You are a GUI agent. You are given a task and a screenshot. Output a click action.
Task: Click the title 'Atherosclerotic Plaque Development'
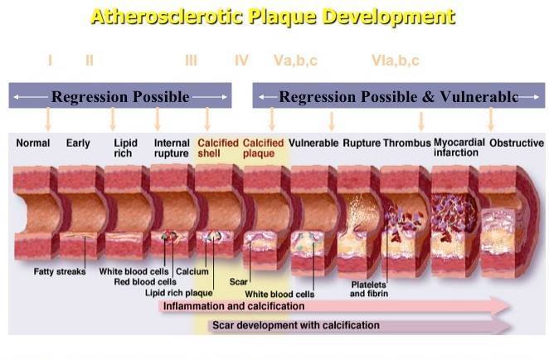pyautogui.click(x=273, y=17)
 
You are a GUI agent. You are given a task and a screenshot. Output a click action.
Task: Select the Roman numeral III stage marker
pyautogui.click(x=192, y=61)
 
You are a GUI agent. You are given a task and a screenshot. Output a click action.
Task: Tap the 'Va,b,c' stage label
pyautogui.click(x=295, y=61)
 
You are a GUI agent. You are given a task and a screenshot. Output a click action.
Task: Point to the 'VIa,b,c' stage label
pyautogui.click(x=396, y=61)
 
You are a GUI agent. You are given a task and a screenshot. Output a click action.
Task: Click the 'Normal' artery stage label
pyautogui.click(x=33, y=143)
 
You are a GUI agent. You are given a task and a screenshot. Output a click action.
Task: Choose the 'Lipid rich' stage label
pyautogui.click(x=125, y=148)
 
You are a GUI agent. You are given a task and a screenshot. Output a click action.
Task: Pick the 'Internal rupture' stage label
pyautogui.click(x=172, y=148)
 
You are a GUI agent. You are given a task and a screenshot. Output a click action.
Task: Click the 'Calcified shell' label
pyautogui.click(x=218, y=148)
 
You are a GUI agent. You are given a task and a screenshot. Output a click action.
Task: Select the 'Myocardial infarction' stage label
pyautogui.click(x=459, y=148)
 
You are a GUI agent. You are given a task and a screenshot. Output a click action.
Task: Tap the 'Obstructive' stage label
pyautogui.click(x=517, y=143)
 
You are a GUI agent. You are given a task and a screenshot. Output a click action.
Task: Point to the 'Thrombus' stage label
pyautogui.click(x=407, y=143)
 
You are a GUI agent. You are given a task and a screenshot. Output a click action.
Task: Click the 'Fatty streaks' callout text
pyautogui.click(x=60, y=271)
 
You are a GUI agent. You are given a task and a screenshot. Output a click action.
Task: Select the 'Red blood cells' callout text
pyautogui.click(x=145, y=282)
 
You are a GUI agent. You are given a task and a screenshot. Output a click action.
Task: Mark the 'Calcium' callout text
pyautogui.click(x=192, y=271)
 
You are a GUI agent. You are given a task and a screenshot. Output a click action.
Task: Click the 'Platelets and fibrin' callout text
pyautogui.click(x=369, y=289)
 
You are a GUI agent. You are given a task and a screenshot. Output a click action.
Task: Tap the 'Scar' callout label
pyautogui.click(x=239, y=281)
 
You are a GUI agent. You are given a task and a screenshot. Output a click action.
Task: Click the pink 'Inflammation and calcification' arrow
pyautogui.click(x=334, y=306)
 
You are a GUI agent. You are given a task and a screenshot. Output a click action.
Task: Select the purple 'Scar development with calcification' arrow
pyautogui.click(x=359, y=326)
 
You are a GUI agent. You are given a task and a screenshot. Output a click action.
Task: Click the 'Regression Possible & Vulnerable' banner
pyautogui.click(x=399, y=95)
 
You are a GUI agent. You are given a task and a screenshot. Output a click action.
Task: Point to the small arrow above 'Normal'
pyautogui.click(x=48, y=119)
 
